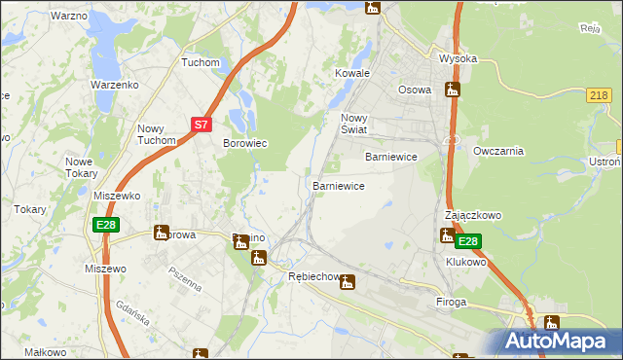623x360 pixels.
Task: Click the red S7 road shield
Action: [x=201, y=125]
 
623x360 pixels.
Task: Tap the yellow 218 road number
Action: [x=600, y=94]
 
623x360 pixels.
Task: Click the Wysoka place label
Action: [x=458, y=58]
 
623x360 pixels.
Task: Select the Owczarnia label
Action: [x=498, y=151]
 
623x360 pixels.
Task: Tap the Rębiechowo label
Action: [x=314, y=277]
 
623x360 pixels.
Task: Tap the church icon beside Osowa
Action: [x=452, y=90]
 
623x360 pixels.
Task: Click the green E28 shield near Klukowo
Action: [x=468, y=241]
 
